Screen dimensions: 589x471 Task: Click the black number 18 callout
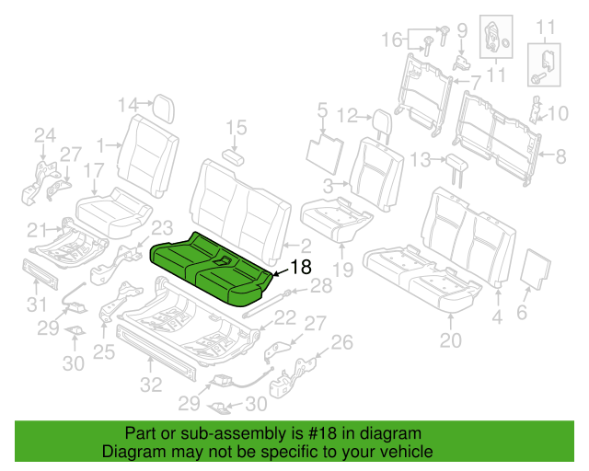point(301,267)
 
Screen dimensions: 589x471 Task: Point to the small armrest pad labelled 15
point(233,157)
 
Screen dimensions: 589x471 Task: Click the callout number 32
point(151,385)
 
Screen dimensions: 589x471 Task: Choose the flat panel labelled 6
point(536,270)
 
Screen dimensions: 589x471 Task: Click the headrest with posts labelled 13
point(456,169)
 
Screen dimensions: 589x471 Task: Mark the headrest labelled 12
point(384,125)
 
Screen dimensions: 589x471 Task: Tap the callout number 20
point(451,340)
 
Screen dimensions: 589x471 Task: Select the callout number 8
point(560,156)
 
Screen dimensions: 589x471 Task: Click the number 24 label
point(45,135)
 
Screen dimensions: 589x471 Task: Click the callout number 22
point(284,317)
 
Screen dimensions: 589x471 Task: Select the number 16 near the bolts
point(392,40)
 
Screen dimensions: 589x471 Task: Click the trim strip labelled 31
point(40,274)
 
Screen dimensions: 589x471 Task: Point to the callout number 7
point(476,82)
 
